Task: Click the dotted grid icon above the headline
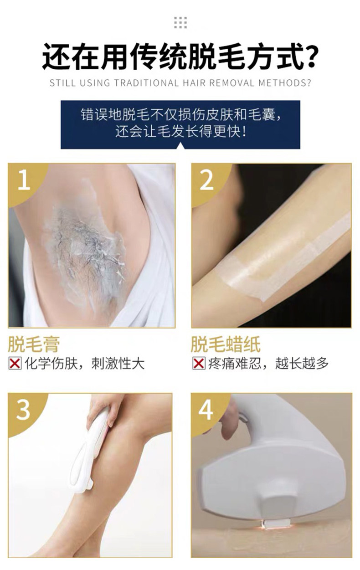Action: click(x=180, y=23)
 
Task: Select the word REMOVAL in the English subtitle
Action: click(x=231, y=83)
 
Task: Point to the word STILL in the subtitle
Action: click(x=62, y=83)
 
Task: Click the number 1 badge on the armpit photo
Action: click(x=24, y=180)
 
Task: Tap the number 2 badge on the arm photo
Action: click(x=206, y=180)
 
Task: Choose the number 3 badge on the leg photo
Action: click(x=23, y=410)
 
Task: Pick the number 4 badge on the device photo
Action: click(x=206, y=410)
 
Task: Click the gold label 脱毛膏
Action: click(x=34, y=344)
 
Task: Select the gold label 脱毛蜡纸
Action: click(x=226, y=344)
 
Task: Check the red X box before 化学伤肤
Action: click(x=15, y=363)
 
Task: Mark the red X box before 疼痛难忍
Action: click(x=198, y=363)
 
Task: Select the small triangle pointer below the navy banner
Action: click(x=180, y=145)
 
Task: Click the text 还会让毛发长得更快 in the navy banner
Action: click(x=180, y=132)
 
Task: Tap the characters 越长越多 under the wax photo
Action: click(x=302, y=363)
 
